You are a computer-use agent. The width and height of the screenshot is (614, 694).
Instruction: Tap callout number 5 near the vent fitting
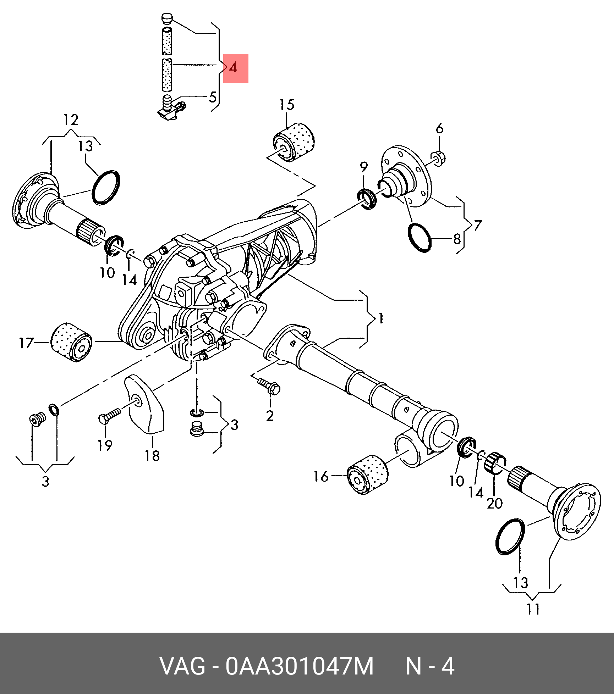(212, 97)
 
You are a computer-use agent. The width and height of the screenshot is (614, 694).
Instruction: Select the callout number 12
(71, 120)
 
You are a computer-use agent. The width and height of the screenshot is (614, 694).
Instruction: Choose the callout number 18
(152, 456)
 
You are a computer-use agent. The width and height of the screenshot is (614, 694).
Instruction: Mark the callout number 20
(495, 503)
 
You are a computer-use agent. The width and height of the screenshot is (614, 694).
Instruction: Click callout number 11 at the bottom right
(533, 609)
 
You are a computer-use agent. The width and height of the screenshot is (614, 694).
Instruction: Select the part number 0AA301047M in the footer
(300, 667)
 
